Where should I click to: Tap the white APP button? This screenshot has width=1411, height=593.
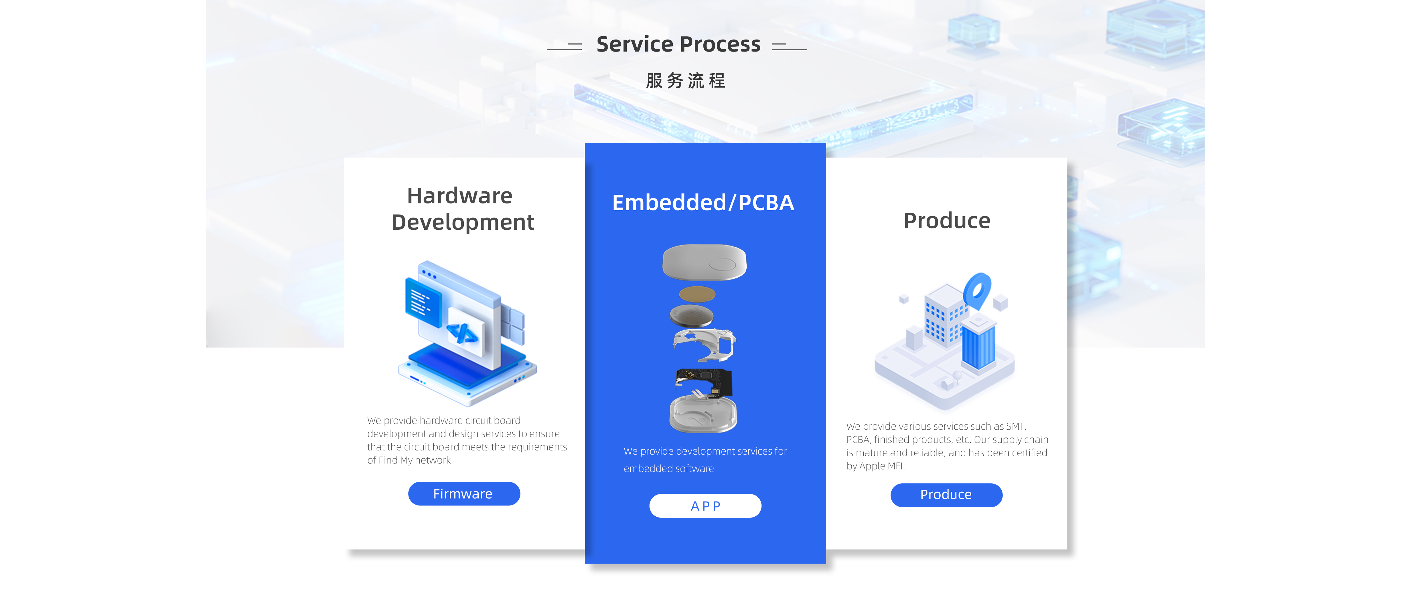click(705, 506)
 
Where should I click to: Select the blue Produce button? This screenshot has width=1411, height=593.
click(946, 495)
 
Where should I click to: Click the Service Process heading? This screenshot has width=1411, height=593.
click(678, 44)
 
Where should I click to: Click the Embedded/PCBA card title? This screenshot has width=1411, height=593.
click(703, 203)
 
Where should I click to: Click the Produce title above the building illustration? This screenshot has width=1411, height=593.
click(946, 221)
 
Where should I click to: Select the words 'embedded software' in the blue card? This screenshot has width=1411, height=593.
click(668, 469)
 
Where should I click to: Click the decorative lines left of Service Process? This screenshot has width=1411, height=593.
click(564, 47)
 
